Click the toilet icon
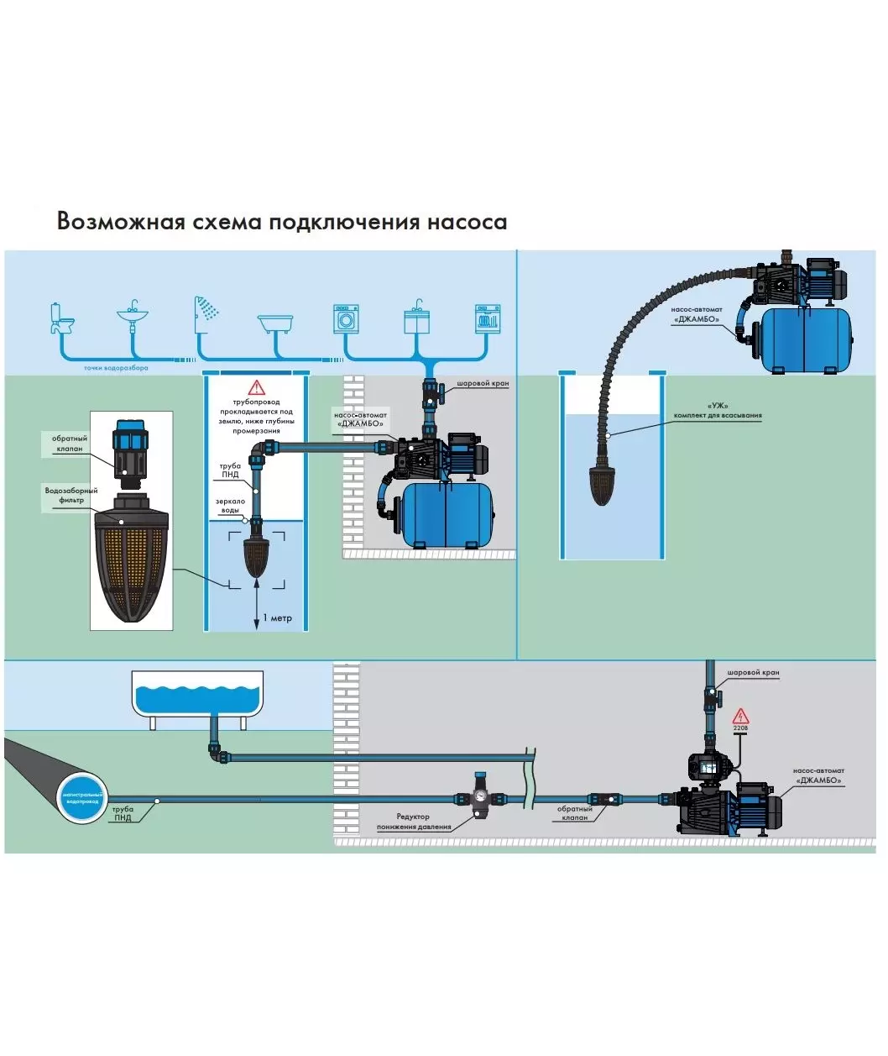click(x=61, y=318)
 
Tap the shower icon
click(x=205, y=310)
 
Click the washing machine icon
click(x=347, y=318)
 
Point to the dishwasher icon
click(x=488, y=318)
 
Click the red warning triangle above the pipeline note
click(x=256, y=387)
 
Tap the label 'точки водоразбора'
click(x=116, y=368)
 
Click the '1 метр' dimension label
click(x=278, y=618)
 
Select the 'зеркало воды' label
click(x=230, y=506)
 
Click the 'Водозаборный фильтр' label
click(x=71, y=495)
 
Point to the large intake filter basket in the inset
click(x=131, y=563)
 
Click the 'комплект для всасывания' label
click(x=718, y=415)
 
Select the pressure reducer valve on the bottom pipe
click(x=481, y=799)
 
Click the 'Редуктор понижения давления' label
click(x=413, y=822)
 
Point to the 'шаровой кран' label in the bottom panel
click(x=753, y=673)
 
